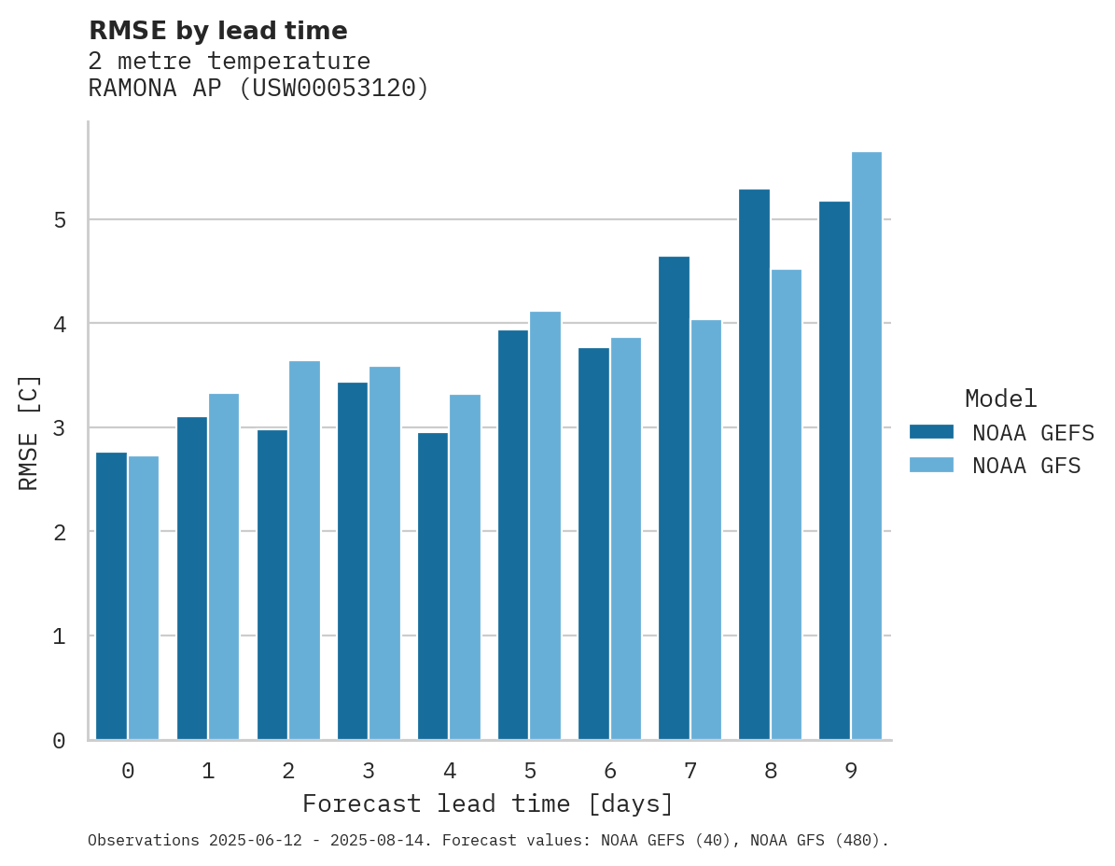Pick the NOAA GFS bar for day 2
tap(304, 551)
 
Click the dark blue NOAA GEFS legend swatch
tap(931, 432)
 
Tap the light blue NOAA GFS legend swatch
tap(931, 466)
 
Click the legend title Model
tap(1000, 398)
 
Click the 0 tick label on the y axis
tap(59, 741)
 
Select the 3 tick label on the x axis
tap(369, 771)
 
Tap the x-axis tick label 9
tap(851, 771)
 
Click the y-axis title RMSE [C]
tap(29, 433)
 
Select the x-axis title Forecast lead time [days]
tap(488, 803)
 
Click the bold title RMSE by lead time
tap(218, 31)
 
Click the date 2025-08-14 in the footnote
tap(383, 841)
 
